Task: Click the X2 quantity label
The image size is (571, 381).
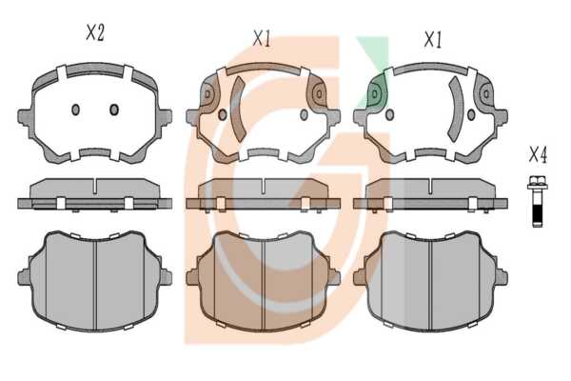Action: coord(95,32)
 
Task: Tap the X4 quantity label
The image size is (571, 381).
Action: coord(538,155)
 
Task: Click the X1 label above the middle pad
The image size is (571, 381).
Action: coord(263,39)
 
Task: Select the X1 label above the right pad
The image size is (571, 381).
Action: coord(433,39)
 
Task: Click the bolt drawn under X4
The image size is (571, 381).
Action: coord(538,201)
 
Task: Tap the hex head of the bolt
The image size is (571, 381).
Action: coord(538,182)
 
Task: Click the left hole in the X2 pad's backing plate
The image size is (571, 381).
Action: coord(75,110)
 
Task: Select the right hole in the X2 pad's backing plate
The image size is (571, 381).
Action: coord(114,110)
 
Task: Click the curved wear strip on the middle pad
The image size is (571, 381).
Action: coord(239,109)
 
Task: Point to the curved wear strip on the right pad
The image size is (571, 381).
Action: coord(456,109)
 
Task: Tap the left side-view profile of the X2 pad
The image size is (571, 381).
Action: coord(94,194)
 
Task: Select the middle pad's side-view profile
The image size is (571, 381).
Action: coord(263,194)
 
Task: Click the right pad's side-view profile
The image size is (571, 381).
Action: coord(430,194)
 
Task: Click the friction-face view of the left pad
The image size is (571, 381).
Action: coord(94,281)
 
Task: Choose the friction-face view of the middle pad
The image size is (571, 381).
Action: coord(263,281)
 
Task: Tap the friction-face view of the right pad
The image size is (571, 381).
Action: coord(430,281)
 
